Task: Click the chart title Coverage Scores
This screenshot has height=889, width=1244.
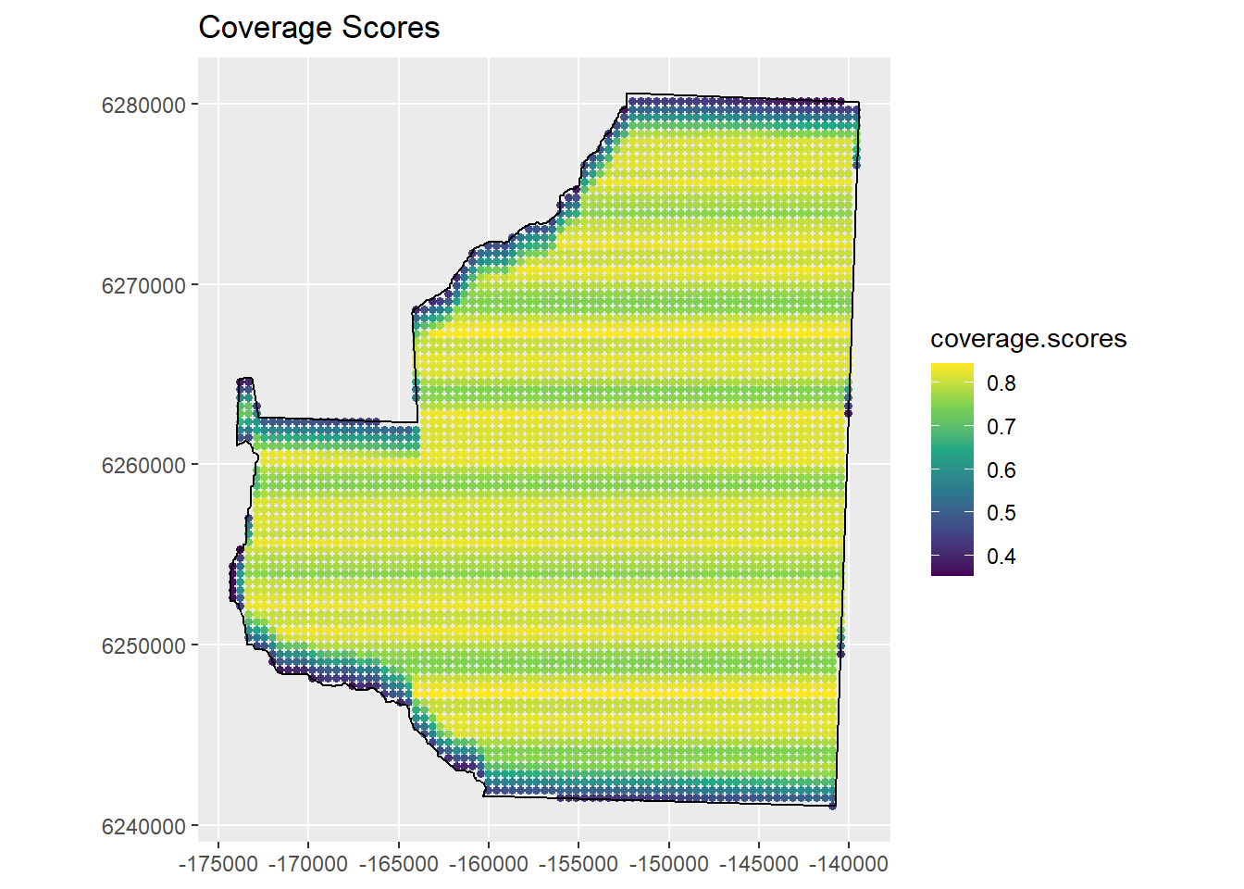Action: coord(318,28)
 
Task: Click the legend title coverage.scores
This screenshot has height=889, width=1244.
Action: coord(1028,339)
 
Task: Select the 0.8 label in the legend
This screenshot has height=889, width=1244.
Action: coord(1001,383)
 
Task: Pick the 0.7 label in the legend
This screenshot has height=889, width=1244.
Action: coord(1001,427)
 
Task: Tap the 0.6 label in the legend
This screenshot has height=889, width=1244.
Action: coord(1001,470)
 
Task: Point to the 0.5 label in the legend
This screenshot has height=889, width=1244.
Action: coord(1001,513)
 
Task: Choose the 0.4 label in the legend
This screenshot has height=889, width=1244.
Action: coord(1001,557)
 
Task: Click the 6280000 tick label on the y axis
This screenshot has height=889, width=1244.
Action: coord(143,105)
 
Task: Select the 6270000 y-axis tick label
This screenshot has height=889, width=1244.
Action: coord(143,285)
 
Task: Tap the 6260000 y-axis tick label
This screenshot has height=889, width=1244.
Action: coord(143,465)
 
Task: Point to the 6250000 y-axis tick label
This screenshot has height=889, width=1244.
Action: coord(143,645)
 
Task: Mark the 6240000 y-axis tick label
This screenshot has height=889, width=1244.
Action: coord(143,826)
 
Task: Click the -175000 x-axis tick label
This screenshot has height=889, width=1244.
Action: coord(218,864)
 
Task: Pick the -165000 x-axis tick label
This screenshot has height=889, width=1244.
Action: coord(399,864)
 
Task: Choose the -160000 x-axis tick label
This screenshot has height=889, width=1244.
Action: coord(489,864)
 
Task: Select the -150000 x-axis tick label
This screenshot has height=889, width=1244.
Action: coord(669,864)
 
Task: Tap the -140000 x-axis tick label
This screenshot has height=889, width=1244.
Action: coord(850,864)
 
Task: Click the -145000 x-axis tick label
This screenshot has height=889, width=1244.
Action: coord(759,864)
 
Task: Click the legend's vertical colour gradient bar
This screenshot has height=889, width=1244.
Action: coord(952,470)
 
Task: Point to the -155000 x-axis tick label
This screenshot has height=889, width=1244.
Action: coord(579,864)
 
